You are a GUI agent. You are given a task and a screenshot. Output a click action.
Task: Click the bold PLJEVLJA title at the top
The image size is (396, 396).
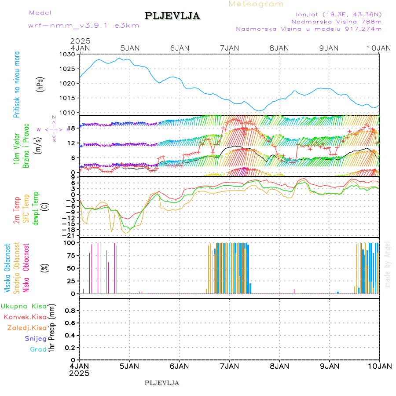[x=172, y=16]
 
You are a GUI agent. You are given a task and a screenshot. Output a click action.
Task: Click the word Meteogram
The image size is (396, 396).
[x=256, y=4]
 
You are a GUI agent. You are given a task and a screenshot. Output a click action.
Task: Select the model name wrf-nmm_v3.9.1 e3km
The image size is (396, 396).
[x=83, y=25]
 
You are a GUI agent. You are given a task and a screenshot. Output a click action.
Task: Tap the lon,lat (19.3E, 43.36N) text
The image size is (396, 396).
[x=339, y=13]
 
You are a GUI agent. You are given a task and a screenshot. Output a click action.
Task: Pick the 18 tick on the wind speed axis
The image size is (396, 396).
[x=73, y=128]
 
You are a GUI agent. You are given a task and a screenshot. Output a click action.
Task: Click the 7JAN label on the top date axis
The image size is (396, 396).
[x=229, y=48]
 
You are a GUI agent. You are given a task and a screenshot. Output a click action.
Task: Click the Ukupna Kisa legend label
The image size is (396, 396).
[x=23, y=306]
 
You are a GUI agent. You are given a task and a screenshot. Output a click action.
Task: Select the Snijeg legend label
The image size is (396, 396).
[x=36, y=338]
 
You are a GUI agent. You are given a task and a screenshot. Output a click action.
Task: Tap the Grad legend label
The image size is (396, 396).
[x=38, y=349]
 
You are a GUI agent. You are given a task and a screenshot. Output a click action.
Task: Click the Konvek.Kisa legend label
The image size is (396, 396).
[x=25, y=317]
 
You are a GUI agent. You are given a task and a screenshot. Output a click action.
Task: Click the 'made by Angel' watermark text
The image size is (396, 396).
[x=388, y=264]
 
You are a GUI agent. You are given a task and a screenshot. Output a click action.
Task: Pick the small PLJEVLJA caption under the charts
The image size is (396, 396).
[x=162, y=383]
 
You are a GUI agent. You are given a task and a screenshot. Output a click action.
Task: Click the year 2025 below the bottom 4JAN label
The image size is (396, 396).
[x=79, y=373]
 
